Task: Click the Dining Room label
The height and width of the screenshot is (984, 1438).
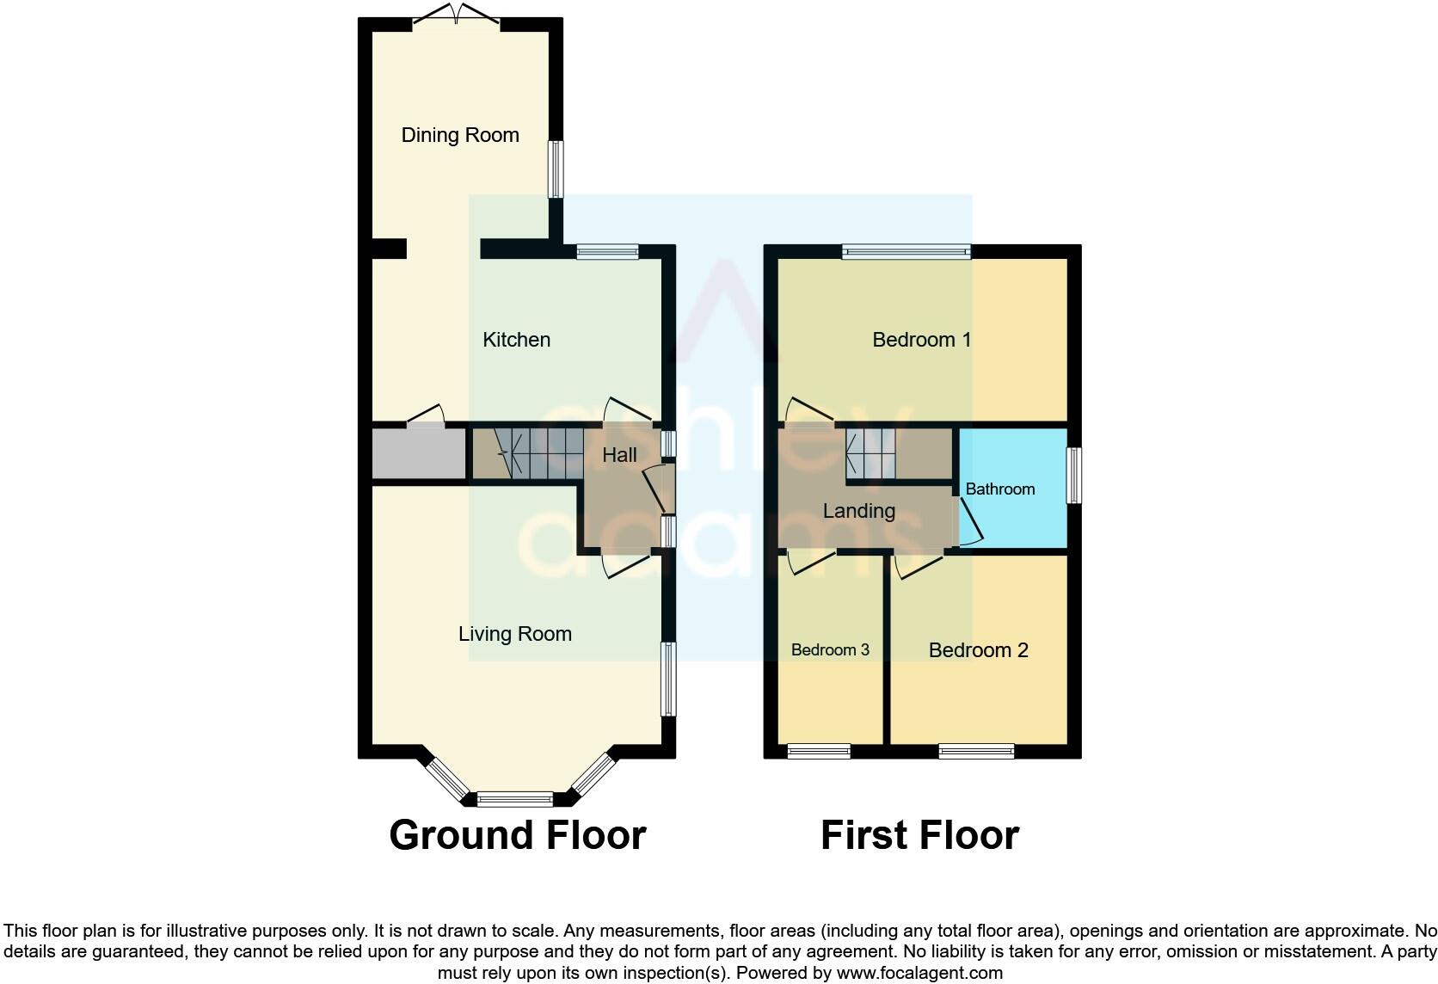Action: pos(460,135)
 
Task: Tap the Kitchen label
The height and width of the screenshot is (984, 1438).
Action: pos(516,340)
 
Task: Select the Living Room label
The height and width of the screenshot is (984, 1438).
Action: pos(514,634)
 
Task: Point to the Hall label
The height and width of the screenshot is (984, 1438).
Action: pos(619,455)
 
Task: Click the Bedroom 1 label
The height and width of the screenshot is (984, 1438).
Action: pos(921,340)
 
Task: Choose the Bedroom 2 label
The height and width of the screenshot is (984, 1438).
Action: pos(978,650)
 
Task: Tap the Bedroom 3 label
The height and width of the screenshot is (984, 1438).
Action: pos(830,650)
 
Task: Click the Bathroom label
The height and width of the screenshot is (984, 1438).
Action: pos(999,489)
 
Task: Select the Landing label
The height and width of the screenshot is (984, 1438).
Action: pos(858,511)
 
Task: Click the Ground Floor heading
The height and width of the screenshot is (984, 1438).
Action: pos(517,835)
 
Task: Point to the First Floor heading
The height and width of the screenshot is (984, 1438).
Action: pos(919,835)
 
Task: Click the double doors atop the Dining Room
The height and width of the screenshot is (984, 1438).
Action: pos(457,15)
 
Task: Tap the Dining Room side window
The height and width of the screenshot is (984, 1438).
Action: pos(556,169)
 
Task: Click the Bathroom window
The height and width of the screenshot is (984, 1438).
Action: pos(1073,475)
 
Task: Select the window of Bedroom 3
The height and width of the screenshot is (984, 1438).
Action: pos(819,752)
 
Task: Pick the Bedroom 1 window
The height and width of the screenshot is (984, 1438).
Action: pos(906,252)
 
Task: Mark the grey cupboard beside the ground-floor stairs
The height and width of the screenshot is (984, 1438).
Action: pos(418,453)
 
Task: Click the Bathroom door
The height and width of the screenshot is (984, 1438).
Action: pos(970,523)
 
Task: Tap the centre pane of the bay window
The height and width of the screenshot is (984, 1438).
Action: pos(515,800)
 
